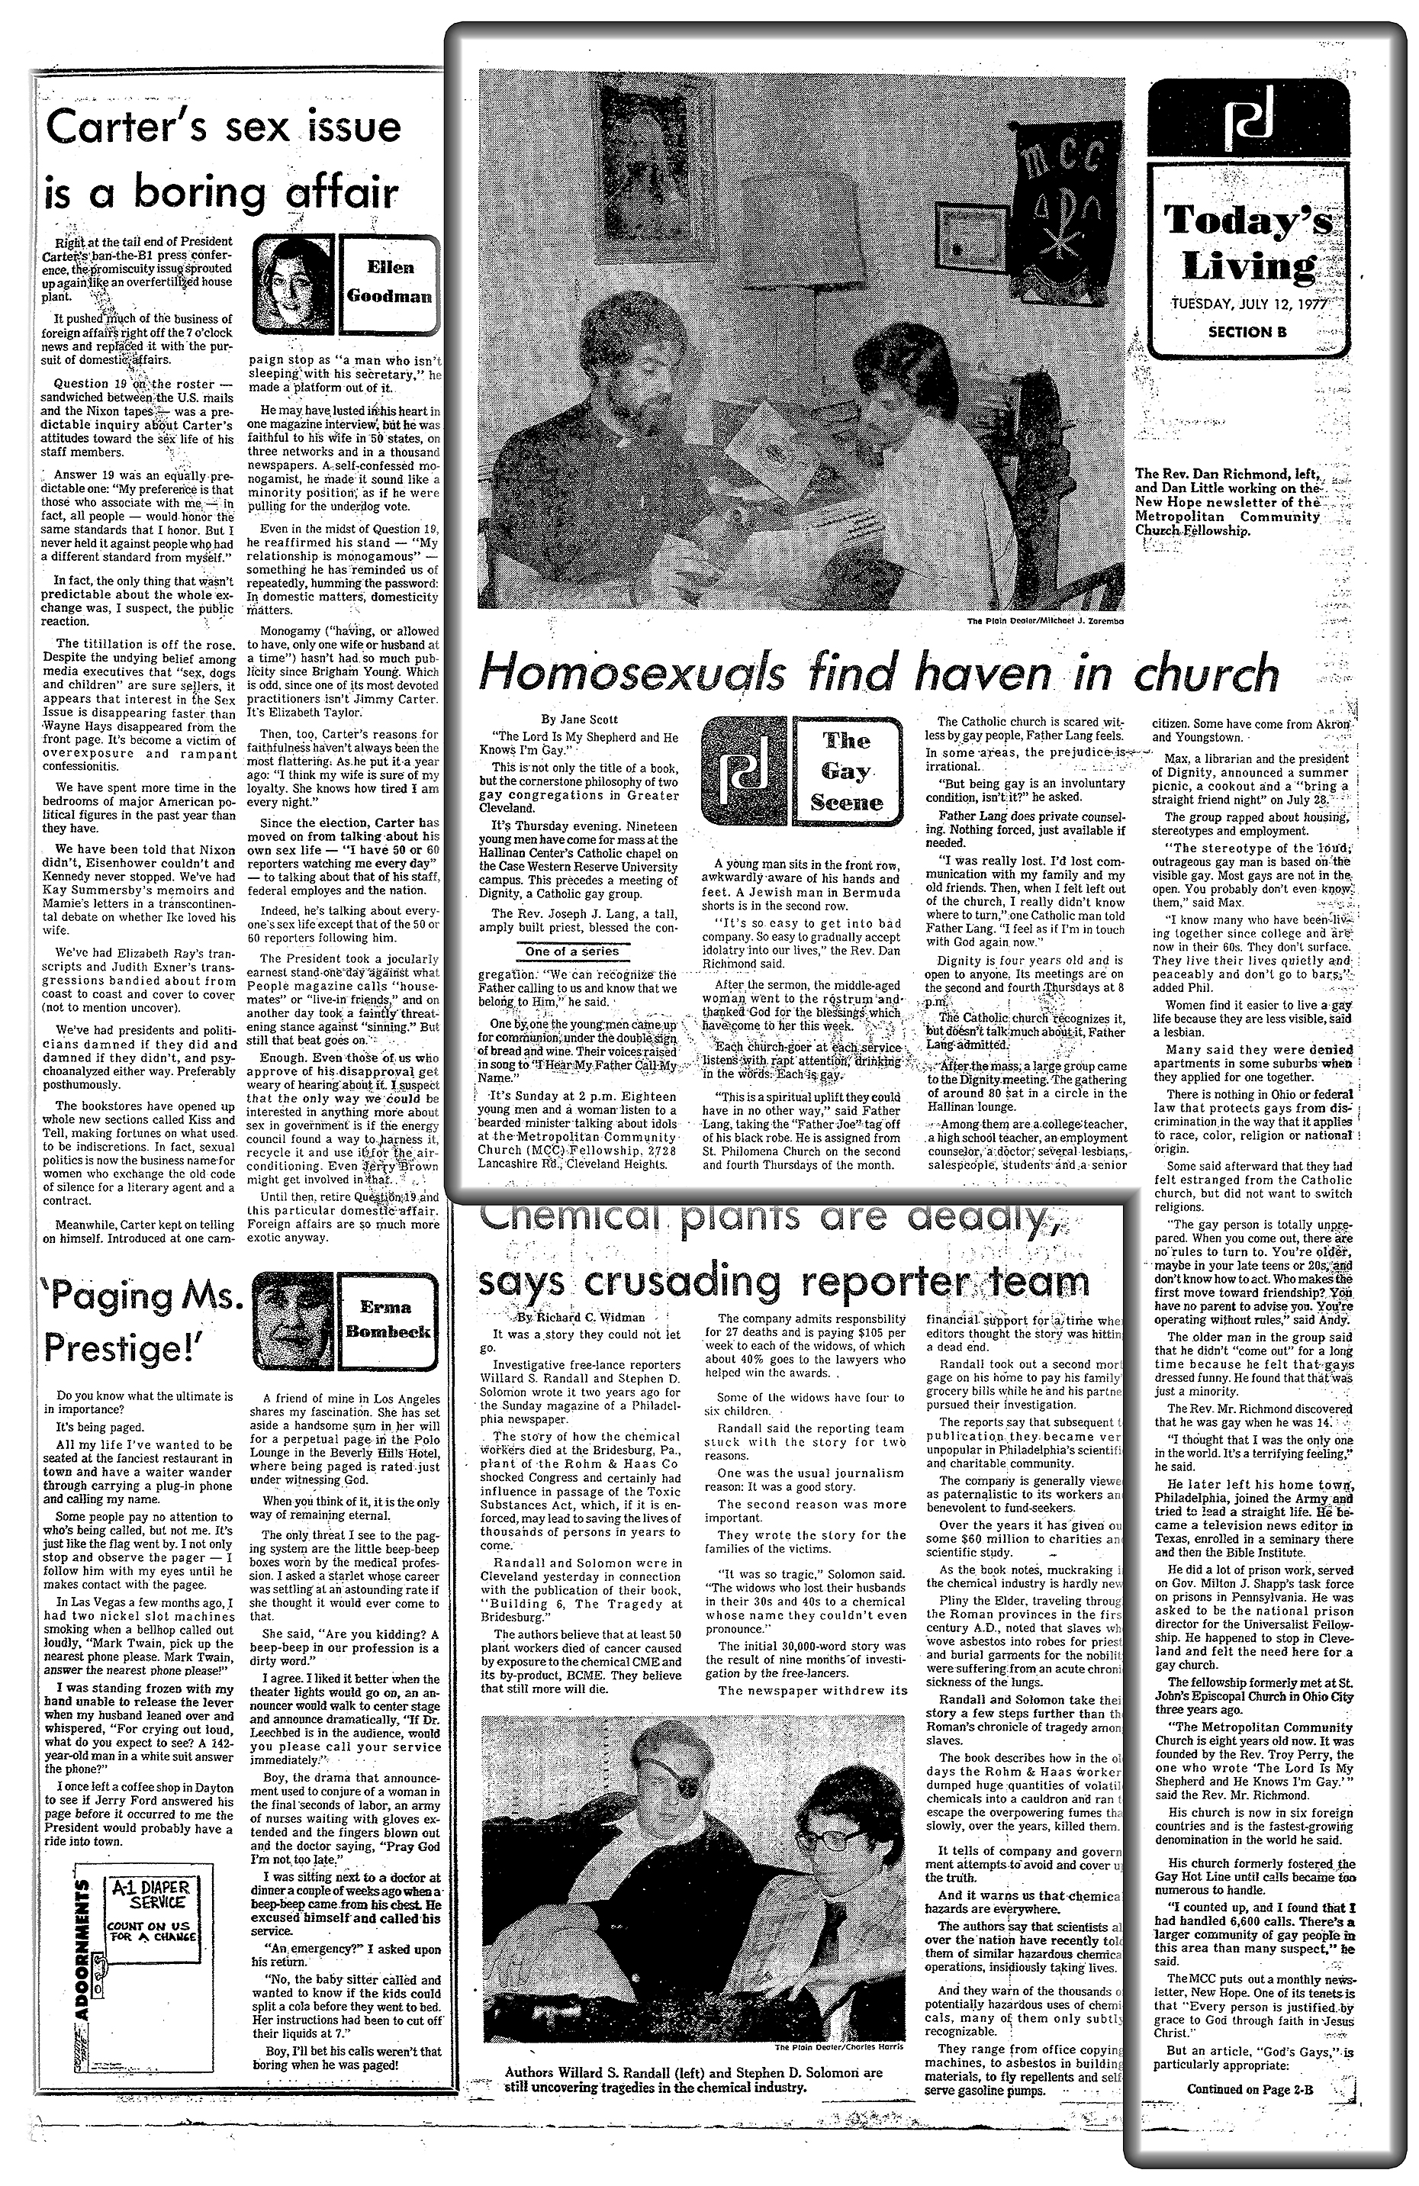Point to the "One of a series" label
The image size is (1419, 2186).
pos(572,951)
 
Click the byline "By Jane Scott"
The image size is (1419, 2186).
pos(581,720)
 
